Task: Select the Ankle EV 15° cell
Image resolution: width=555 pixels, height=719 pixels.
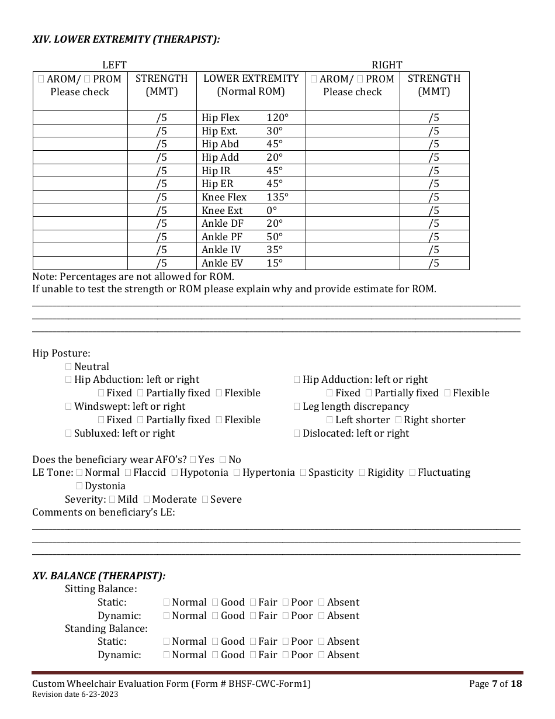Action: (x=242, y=263)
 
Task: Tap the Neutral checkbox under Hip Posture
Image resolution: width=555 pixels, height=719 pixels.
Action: (x=68, y=367)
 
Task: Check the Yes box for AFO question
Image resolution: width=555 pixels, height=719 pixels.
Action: (x=193, y=459)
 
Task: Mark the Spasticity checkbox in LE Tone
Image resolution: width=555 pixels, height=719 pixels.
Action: (x=303, y=472)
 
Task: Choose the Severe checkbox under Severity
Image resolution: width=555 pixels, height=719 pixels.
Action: (x=205, y=499)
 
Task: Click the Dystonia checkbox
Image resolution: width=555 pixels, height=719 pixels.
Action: (x=79, y=486)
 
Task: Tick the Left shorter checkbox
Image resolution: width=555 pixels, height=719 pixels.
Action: (x=330, y=420)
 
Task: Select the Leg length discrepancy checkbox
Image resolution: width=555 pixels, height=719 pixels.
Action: (x=297, y=406)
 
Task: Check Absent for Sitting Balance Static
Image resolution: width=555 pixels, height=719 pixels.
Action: (x=322, y=602)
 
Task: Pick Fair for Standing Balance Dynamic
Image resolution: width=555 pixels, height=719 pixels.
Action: (x=253, y=655)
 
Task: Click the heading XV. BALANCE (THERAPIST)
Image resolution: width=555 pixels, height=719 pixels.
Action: (x=99, y=576)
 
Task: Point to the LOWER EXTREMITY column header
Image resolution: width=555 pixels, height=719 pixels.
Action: (x=251, y=85)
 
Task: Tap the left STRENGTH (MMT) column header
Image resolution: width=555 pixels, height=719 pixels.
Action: (x=162, y=85)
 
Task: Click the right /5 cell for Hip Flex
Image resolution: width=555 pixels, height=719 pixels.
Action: (x=433, y=117)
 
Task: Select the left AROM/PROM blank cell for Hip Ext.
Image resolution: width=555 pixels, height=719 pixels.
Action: (x=80, y=131)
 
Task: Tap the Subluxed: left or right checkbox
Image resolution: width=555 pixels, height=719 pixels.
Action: (x=68, y=433)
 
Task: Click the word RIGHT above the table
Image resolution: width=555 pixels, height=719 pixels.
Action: (x=387, y=65)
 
